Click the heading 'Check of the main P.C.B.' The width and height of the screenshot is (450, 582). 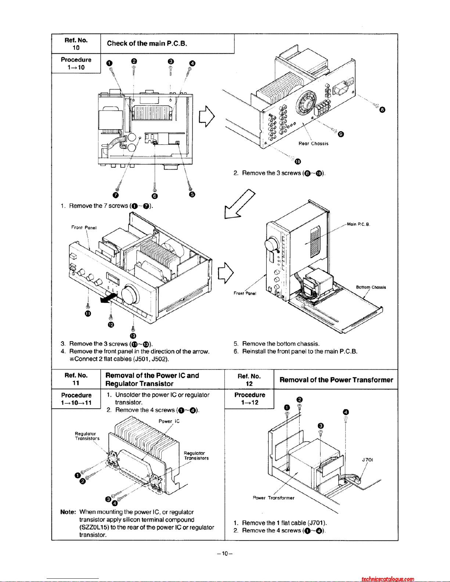147,43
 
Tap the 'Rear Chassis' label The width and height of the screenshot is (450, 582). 313,144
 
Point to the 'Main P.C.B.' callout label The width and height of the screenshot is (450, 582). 358,224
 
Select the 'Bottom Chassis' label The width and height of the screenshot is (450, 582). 371,287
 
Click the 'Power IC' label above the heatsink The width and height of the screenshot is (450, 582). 169,421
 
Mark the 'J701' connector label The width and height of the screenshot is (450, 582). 367,460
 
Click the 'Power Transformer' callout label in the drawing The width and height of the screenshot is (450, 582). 274,498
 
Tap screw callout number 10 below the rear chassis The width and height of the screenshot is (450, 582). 298,162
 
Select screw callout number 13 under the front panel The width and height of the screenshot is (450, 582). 133,336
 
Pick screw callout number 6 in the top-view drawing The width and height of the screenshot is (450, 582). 155,196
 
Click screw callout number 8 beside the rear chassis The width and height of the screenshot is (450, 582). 382,109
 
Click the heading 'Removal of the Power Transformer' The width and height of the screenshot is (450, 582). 336,380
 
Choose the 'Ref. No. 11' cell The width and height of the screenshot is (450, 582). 76,379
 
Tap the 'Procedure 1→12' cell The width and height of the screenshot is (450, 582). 250,399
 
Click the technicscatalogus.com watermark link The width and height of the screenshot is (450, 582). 388,579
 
